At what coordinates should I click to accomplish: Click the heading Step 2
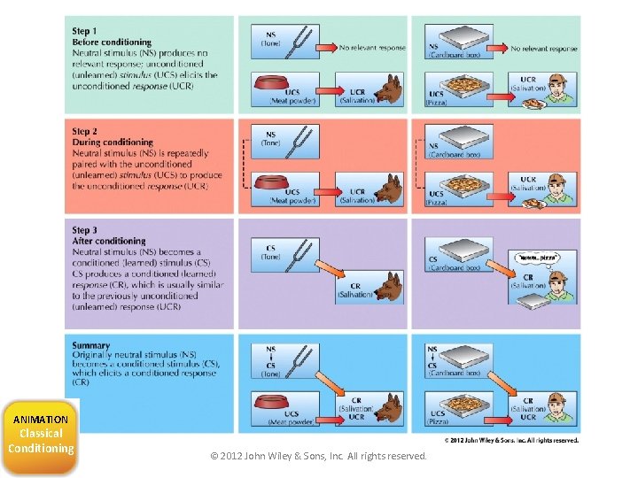85,131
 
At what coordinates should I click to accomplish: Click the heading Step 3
85,230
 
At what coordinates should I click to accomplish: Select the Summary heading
91,345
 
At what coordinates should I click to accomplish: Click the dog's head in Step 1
388,89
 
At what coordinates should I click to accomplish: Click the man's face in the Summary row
556,408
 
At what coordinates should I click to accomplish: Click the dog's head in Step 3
388,285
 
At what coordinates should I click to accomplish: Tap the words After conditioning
109,241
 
